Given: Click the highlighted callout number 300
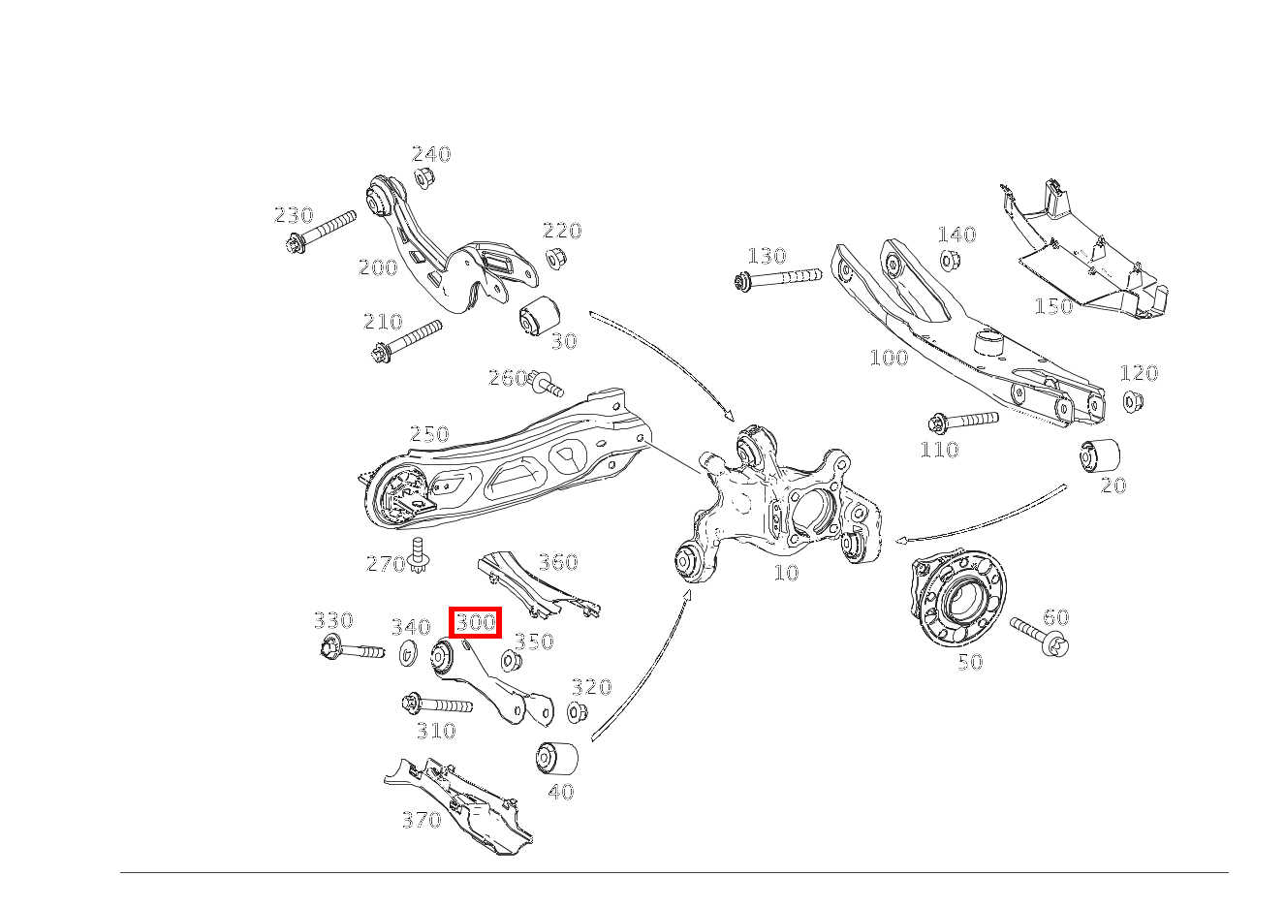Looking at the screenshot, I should coord(476,621).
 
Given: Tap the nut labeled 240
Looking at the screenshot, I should coord(423,178).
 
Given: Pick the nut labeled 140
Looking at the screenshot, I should coord(950,260).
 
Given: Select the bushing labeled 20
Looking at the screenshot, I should coord(1100,454).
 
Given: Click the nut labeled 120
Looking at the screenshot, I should coord(1132,400).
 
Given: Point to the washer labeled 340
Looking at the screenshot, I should coord(408,654).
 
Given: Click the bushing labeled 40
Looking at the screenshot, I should coord(556,757).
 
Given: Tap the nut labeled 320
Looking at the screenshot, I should coord(577,712).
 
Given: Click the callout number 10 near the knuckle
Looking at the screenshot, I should coord(786,573).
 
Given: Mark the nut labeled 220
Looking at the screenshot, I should coord(555,259).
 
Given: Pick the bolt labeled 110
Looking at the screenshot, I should coord(963,422).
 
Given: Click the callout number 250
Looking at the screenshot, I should coord(428,433).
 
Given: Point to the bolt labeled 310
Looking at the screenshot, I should coord(436,704).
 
